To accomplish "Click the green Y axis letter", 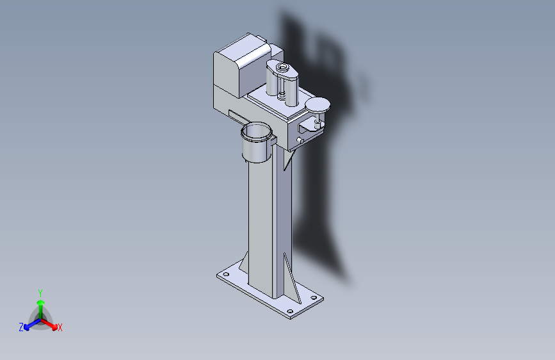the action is click(40, 293).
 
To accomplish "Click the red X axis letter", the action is click(60, 327).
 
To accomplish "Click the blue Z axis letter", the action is click(21, 327).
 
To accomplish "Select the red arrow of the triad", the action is click(49, 324).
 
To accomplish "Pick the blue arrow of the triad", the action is click(32, 324).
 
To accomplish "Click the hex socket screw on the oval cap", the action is click(282, 66).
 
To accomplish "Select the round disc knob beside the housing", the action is click(318, 104).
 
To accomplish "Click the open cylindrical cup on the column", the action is click(257, 142).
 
